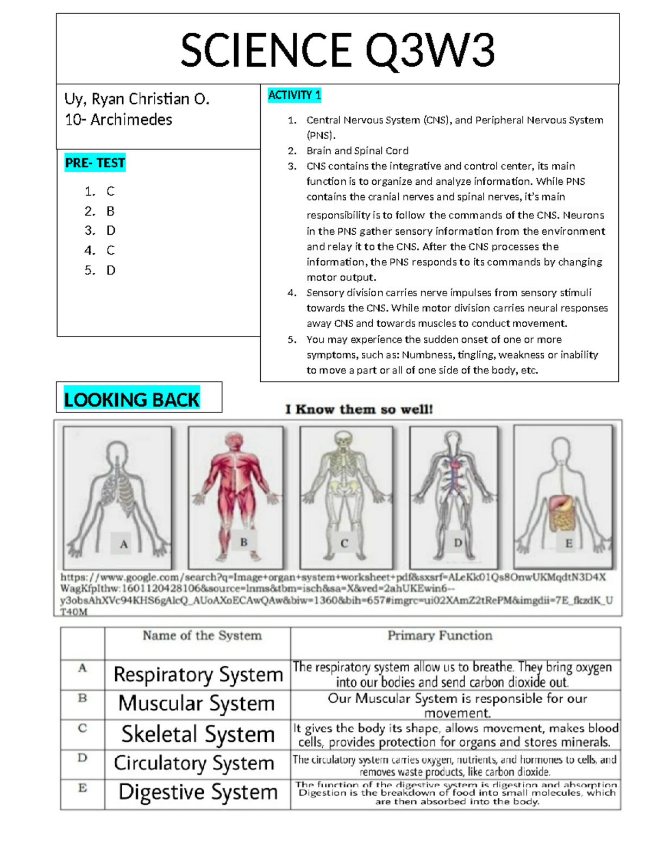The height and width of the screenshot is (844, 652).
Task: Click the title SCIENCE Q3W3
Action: pos(337,50)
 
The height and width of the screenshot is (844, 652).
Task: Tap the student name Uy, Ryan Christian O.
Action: pos(137,99)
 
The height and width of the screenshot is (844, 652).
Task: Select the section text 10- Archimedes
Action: pos(118,120)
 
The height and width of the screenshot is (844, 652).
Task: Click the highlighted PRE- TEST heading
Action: pos(95,162)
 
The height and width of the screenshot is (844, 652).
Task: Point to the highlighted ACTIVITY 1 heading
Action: pos(294,95)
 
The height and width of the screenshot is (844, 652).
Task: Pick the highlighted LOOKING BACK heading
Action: pos(131,399)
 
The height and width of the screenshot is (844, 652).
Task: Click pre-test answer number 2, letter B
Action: pos(110,211)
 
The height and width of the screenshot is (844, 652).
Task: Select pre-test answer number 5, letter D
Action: pos(111,270)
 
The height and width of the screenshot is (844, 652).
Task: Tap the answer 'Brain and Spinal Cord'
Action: pos(357,151)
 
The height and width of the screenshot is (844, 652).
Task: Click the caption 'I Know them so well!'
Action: pos(359,409)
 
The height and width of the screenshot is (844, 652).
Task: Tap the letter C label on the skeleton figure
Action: pos(344,543)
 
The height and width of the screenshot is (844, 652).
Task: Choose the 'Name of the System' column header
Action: pos(202,635)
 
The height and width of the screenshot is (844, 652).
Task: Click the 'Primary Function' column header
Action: pos(440,635)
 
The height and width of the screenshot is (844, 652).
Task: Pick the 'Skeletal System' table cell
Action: pos(198,734)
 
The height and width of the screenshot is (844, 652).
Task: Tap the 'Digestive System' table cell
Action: pos(198,792)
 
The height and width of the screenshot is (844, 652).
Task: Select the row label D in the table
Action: pos(83,758)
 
